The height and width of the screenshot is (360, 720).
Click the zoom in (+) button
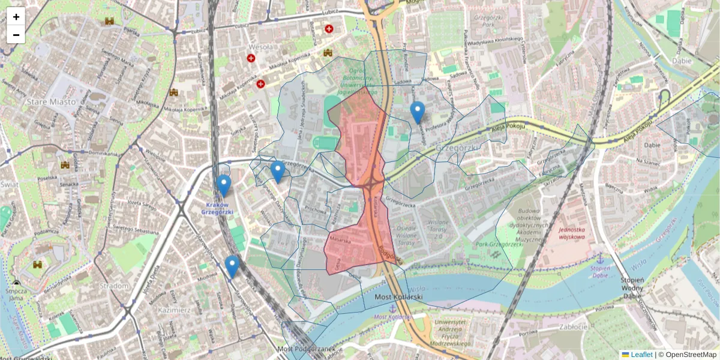coord(16,17)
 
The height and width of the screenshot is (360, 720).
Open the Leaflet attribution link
coord(641,355)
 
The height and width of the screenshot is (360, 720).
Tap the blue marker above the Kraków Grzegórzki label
coord(224,185)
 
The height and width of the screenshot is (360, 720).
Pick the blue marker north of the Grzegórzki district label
coord(417,112)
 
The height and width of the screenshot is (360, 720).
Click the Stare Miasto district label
coord(51,101)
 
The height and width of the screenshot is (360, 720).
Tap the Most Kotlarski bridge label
coord(398,297)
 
